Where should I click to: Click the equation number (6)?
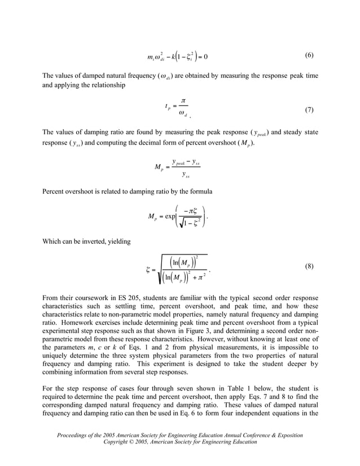pyautogui.click(x=309, y=55)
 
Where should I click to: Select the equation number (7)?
pyautogui.click(x=309, y=109)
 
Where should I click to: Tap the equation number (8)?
pyautogui.click(x=309, y=265)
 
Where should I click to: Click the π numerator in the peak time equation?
pyautogui.click(x=183, y=100)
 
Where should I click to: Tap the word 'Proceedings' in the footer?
pyautogui.click(x=75, y=435)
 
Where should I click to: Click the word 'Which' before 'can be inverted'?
pyautogui.click(x=52, y=241)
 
